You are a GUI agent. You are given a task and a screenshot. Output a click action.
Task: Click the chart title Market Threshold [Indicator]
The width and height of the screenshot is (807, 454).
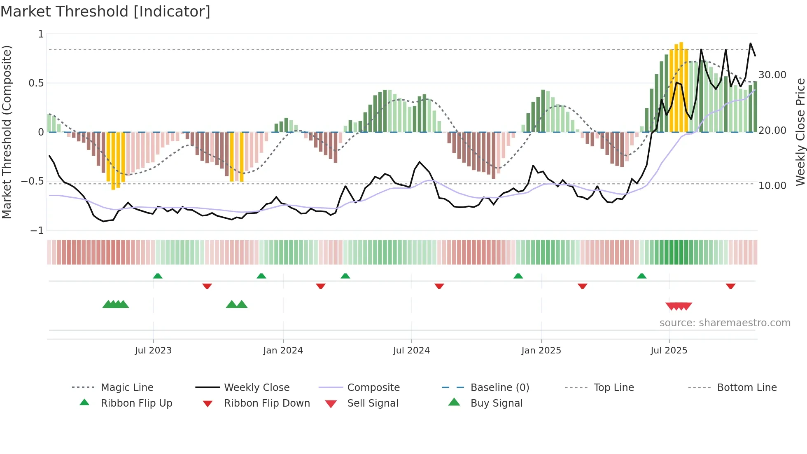[x=105, y=12]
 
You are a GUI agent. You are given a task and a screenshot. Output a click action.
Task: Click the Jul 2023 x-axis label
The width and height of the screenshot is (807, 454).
[x=153, y=351]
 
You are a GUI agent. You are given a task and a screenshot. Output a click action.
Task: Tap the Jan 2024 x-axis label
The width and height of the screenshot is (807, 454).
[x=283, y=351]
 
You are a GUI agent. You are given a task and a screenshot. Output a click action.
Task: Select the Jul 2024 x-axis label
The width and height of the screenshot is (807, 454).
[x=411, y=351]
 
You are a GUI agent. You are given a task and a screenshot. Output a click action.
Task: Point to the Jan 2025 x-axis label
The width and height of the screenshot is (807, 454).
[x=541, y=351]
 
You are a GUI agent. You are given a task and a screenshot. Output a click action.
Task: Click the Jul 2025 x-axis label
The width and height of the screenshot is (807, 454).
[x=669, y=351]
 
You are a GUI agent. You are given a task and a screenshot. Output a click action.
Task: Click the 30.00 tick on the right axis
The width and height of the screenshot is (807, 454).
[x=772, y=75]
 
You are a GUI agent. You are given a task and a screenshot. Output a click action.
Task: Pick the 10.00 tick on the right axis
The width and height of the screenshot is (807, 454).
[x=772, y=186]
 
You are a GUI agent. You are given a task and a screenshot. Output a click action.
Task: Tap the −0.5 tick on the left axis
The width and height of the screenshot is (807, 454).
[x=32, y=181]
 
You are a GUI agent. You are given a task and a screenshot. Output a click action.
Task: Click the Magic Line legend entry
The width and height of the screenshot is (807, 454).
[x=127, y=388]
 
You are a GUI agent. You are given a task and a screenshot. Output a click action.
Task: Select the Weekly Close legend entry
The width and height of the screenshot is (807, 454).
[x=257, y=388]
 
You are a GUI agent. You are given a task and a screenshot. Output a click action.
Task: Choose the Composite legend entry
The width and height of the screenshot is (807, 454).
[x=373, y=388]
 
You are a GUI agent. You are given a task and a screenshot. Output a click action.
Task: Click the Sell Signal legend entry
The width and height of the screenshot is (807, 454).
[x=373, y=403]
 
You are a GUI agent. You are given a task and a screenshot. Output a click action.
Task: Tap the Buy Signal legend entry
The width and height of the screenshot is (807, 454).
[x=496, y=403]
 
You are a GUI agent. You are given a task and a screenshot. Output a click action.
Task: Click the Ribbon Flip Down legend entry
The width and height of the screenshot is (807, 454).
[x=267, y=403]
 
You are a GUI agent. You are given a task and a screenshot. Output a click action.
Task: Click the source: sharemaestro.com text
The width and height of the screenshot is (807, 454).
[x=725, y=323]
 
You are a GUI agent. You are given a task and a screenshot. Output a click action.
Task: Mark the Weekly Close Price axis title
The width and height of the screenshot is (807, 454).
[x=800, y=132]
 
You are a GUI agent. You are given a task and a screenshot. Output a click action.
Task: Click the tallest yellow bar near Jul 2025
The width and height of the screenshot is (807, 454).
[x=681, y=87]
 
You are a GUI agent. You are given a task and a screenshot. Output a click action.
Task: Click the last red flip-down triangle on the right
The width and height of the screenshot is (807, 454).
[x=731, y=286]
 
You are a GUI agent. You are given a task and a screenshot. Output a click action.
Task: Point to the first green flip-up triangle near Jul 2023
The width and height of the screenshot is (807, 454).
[x=158, y=276]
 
